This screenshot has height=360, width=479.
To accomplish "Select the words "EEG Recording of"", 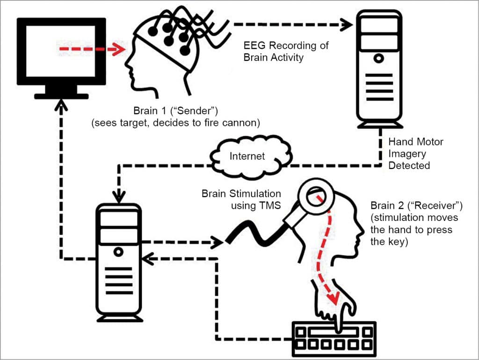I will [x=286, y=46].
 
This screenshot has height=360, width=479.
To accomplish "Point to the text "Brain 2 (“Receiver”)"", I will [x=414, y=206].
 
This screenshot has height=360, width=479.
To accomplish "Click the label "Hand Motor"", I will [x=409, y=141].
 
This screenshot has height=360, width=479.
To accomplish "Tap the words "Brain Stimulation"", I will [x=241, y=193].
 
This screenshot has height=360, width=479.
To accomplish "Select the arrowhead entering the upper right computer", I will [x=347, y=24].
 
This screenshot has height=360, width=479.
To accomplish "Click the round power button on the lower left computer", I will [x=119, y=252].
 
